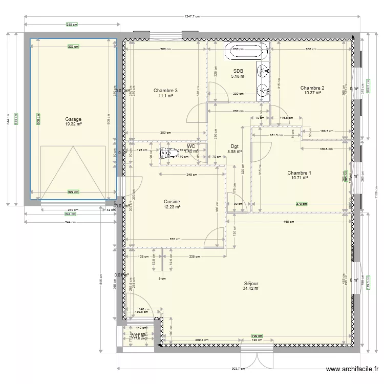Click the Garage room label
[73, 119]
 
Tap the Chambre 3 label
[165, 90]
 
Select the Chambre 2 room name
[312, 88]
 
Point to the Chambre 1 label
[299, 173]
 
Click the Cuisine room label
[172, 202]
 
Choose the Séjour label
[251, 283]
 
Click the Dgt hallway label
[234, 146]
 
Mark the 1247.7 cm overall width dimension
[193, 16]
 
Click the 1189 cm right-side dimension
[375, 195]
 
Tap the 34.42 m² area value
[251, 288]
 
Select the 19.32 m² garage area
[73, 124]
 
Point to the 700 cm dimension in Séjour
[254, 335]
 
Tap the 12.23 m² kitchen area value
[172, 207]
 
